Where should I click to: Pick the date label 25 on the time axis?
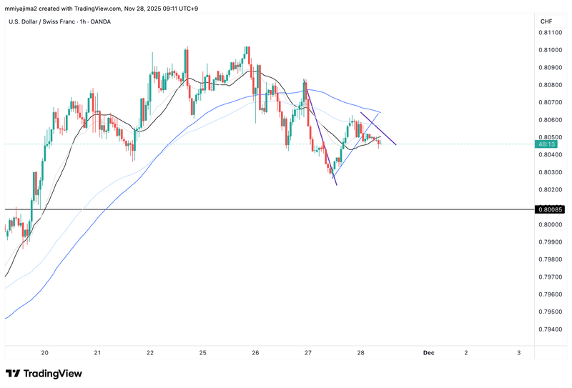[203, 353]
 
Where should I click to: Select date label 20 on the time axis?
[45, 353]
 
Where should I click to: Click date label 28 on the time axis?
[361, 353]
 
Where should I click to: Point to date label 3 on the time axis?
[518, 353]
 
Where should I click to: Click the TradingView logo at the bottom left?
[44, 374]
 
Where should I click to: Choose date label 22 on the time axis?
[150, 353]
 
